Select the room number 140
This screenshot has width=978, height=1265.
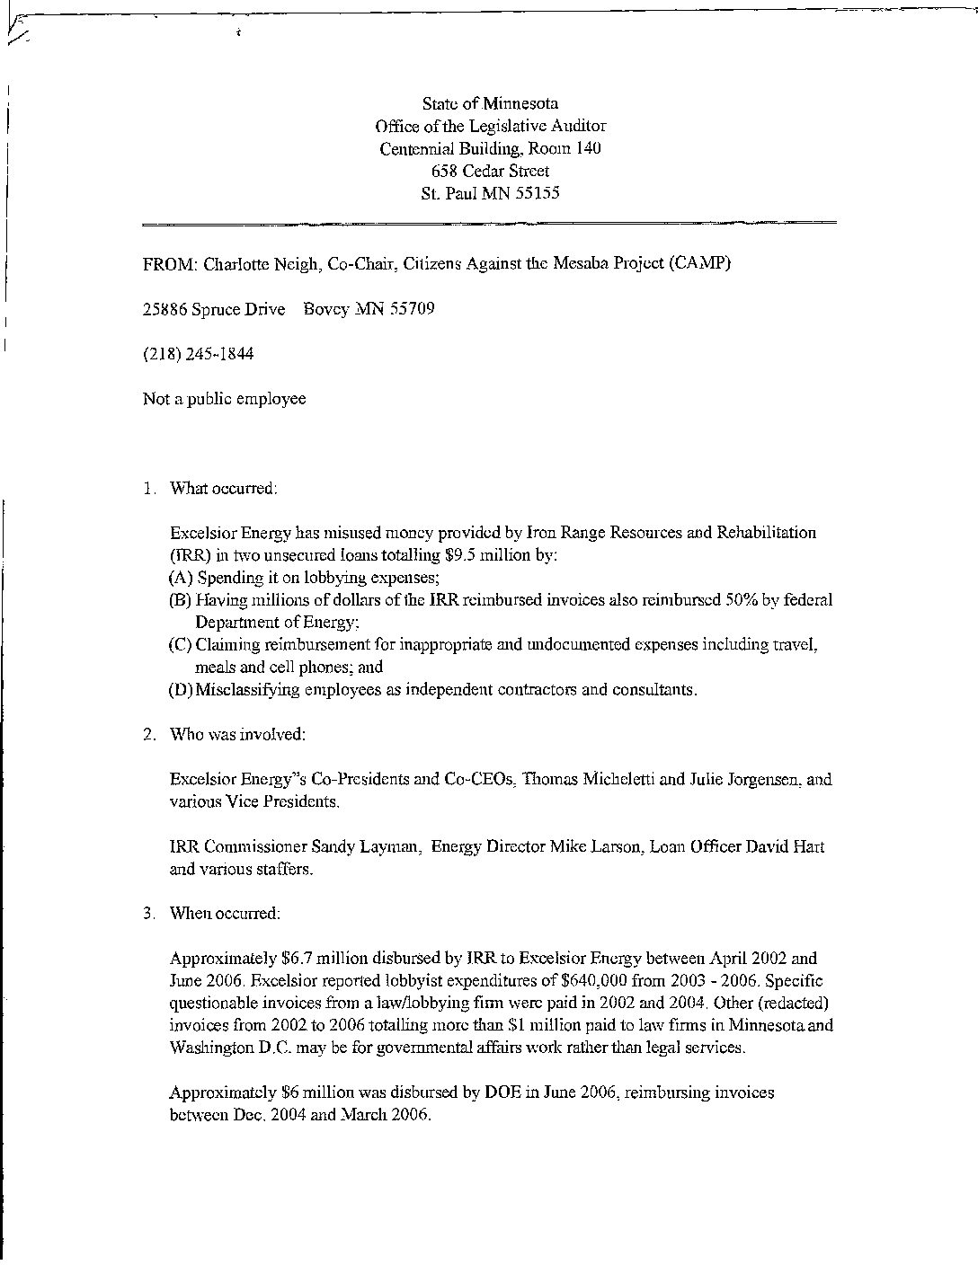(590, 148)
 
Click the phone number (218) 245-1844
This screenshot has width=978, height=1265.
(198, 354)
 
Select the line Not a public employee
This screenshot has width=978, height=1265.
(224, 399)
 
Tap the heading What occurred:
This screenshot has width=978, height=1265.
(224, 489)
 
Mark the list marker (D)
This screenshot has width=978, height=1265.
(181, 690)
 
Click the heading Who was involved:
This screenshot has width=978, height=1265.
(237, 735)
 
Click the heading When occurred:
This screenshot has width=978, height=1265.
(225, 914)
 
